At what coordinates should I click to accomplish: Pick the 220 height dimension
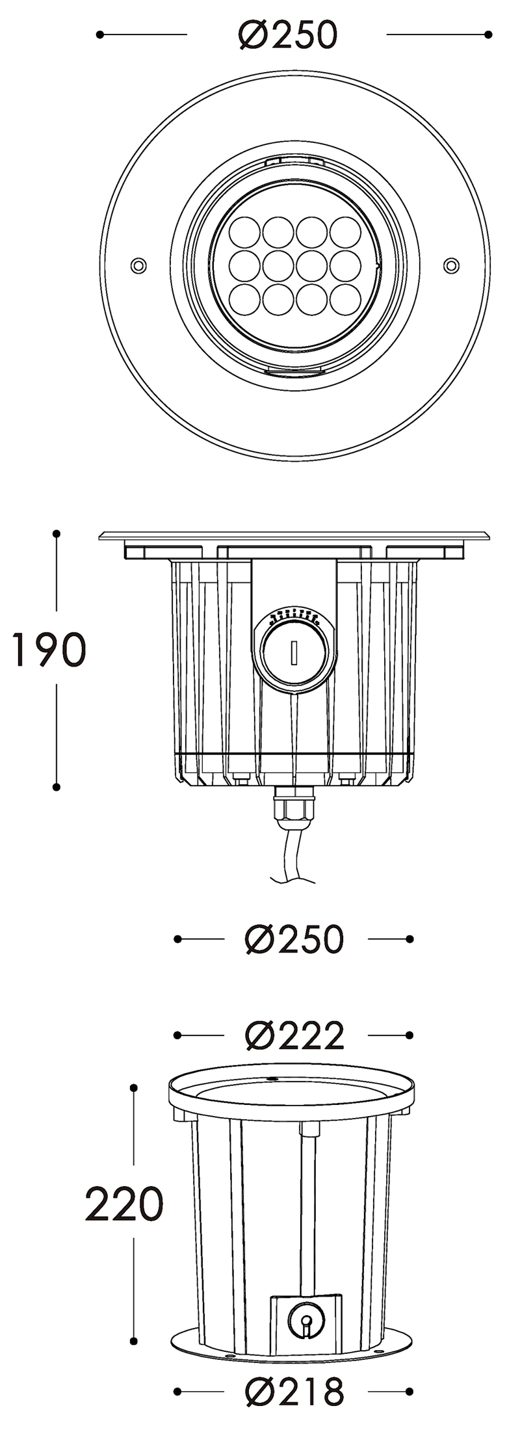click(x=124, y=1203)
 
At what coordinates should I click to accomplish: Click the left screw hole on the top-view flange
click(x=138, y=265)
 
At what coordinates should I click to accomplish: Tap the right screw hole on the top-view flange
click(x=450, y=265)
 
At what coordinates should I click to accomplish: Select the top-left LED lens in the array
click(x=245, y=231)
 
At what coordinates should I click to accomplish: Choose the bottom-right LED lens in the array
click(x=345, y=299)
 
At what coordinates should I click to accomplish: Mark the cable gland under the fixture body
click(x=294, y=806)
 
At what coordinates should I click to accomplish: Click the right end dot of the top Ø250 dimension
click(x=488, y=34)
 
